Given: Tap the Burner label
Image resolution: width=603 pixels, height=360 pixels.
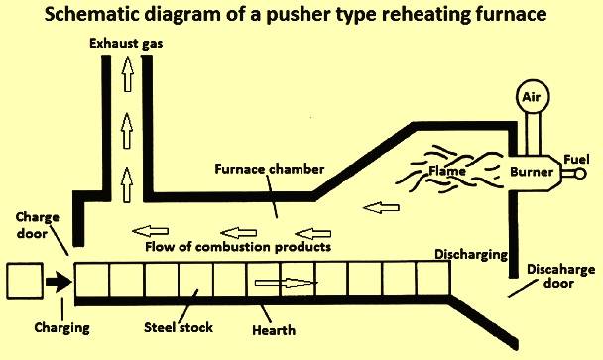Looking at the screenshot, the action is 532,172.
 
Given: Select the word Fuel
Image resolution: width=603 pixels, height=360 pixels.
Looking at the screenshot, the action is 576,160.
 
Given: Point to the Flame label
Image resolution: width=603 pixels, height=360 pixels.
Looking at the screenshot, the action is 447,170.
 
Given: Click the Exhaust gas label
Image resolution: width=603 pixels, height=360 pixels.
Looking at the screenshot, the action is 126,43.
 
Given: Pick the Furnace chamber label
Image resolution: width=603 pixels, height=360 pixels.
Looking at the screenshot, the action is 269,169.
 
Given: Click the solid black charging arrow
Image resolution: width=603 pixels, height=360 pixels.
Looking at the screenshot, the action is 59,281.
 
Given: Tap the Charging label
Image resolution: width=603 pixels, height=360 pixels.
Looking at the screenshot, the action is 61,328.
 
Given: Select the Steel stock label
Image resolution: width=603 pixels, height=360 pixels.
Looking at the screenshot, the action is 179,327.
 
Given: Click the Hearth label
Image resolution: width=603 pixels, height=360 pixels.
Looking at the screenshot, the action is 274,330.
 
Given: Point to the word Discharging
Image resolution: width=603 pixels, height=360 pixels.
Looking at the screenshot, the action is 471,255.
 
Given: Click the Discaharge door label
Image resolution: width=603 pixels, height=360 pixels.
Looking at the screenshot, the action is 560,276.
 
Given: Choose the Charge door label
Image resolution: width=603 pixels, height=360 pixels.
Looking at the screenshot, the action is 38,225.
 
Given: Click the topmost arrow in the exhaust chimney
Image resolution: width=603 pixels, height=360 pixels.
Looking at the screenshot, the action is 127,73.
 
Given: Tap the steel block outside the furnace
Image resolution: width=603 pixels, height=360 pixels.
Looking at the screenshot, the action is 25,281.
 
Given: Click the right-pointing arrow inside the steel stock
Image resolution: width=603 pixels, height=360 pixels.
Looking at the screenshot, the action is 286,283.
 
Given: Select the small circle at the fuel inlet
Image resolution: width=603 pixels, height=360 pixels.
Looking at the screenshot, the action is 580,174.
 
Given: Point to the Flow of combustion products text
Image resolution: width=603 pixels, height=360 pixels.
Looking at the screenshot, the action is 238,247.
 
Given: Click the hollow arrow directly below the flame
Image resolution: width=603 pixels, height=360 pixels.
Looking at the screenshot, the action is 381,208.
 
